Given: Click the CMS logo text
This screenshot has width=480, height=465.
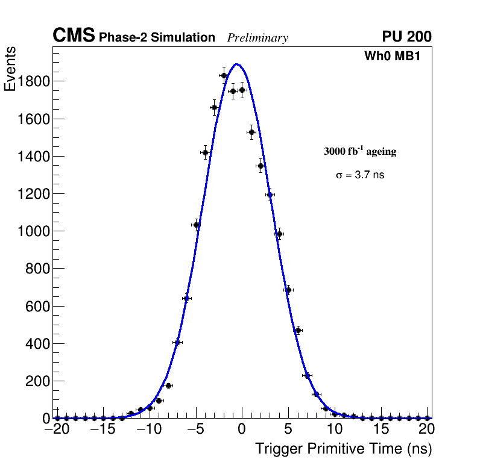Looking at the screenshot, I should click(x=74, y=36).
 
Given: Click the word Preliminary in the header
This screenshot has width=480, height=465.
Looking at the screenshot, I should click(x=257, y=38).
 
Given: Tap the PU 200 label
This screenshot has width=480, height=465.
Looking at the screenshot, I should click(x=406, y=37).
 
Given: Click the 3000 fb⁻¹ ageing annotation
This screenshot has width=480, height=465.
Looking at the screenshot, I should click(x=360, y=151).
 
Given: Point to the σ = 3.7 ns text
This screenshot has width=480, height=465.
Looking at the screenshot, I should click(x=360, y=175).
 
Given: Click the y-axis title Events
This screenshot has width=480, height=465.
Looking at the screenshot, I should click(x=10, y=69).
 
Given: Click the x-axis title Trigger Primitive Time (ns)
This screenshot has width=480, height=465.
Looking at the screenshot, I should click(x=343, y=449).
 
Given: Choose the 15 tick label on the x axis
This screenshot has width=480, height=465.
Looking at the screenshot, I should click(x=381, y=429).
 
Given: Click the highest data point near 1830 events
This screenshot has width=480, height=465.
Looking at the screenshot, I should click(x=224, y=75).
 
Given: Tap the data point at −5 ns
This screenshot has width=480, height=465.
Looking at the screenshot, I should click(x=196, y=225).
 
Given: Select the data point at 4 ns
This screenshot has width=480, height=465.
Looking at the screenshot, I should click(x=279, y=234).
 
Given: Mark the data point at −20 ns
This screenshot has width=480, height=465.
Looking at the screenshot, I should click(x=57, y=418).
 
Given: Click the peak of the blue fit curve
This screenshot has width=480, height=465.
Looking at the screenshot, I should click(x=237, y=64).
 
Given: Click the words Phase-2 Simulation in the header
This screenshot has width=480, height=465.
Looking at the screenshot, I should click(x=157, y=38).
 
